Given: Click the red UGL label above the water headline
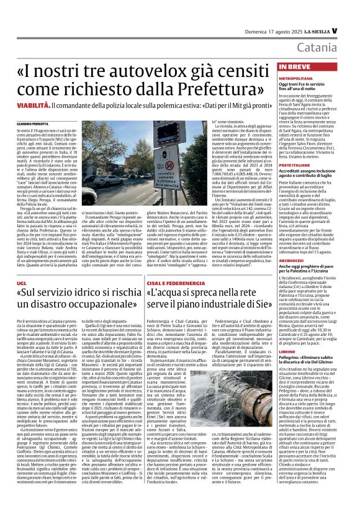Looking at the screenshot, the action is coord(22,265).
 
